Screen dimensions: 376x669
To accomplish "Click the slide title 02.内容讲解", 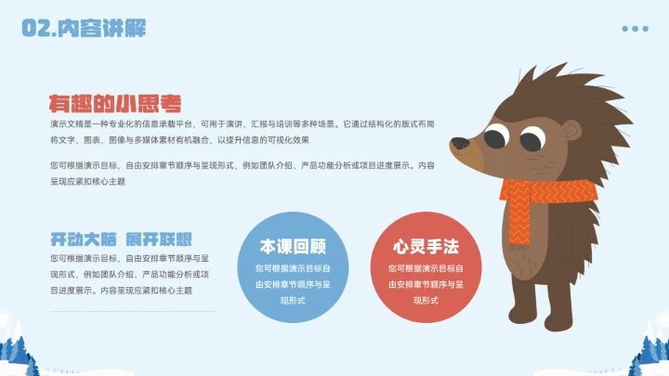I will (84, 29).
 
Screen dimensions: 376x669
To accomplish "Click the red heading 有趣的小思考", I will (115, 103).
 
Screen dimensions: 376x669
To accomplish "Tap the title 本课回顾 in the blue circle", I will (293, 247).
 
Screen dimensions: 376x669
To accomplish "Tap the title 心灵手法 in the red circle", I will (426, 247).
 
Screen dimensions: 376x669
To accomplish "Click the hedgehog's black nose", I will (459, 144).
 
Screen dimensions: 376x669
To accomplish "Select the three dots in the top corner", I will (635, 29).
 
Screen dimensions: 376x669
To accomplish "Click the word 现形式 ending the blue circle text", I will (293, 301).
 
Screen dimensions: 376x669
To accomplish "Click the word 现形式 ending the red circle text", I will (426, 301).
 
